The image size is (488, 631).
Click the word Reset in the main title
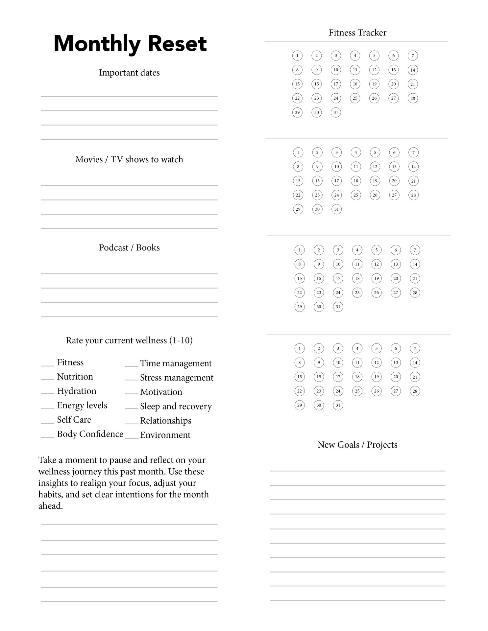tap(177, 44)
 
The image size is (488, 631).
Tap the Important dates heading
tap(129, 73)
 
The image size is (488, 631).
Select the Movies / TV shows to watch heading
tap(129, 159)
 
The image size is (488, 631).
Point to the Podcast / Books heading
tap(129, 247)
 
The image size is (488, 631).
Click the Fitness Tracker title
tap(357, 33)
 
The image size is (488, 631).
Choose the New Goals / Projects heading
tap(357, 445)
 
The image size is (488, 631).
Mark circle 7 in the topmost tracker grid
tap(413, 56)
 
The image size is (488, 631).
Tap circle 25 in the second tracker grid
tap(356, 195)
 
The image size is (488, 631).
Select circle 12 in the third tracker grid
tap(377, 264)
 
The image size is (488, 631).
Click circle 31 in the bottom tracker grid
tap(338, 405)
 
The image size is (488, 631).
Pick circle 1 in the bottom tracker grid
tap(300, 348)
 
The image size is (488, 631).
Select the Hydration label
tap(77, 391)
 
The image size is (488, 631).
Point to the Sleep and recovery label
tap(176, 407)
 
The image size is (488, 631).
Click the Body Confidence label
tap(90, 434)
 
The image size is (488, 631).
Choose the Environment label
tap(165, 435)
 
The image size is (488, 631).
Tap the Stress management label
tap(177, 378)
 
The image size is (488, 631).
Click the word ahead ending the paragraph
tap(50, 506)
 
